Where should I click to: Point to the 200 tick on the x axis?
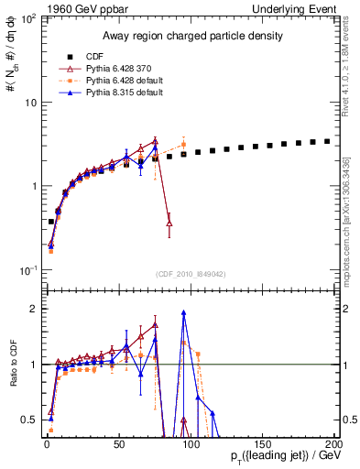pos(332,443)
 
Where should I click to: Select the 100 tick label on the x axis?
pos(189,443)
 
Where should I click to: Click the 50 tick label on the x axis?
pos(118,443)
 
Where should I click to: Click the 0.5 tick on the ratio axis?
pos(29,420)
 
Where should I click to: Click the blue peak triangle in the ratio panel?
pos(183,312)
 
